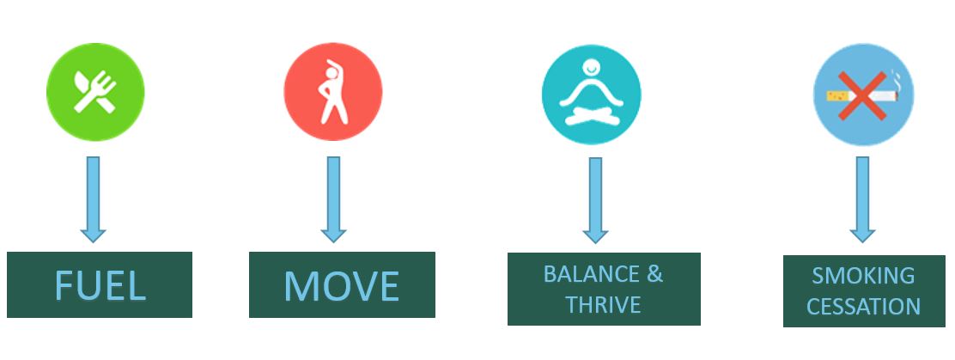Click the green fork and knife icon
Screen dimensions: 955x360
point(95,92)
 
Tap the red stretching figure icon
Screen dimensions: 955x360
point(333,92)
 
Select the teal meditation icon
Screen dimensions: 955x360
point(592,95)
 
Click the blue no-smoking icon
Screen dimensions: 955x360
point(864,95)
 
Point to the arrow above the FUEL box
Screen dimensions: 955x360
point(94,199)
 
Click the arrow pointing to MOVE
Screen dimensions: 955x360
point(334,199)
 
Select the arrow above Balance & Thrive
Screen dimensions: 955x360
point(596,200)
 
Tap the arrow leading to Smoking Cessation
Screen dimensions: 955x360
point(862,199)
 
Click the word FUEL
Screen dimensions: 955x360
point(100,285)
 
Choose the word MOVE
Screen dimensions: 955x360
point(342,285)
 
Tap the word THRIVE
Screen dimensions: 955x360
point(603,304)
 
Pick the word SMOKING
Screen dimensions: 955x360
point(863,276)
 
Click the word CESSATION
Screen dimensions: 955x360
point(863,306)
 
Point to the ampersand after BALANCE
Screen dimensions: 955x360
point(654,274)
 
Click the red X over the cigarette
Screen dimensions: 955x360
point(861,95)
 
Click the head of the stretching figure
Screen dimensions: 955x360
point(331,73)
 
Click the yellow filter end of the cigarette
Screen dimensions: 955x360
point(834,95)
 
